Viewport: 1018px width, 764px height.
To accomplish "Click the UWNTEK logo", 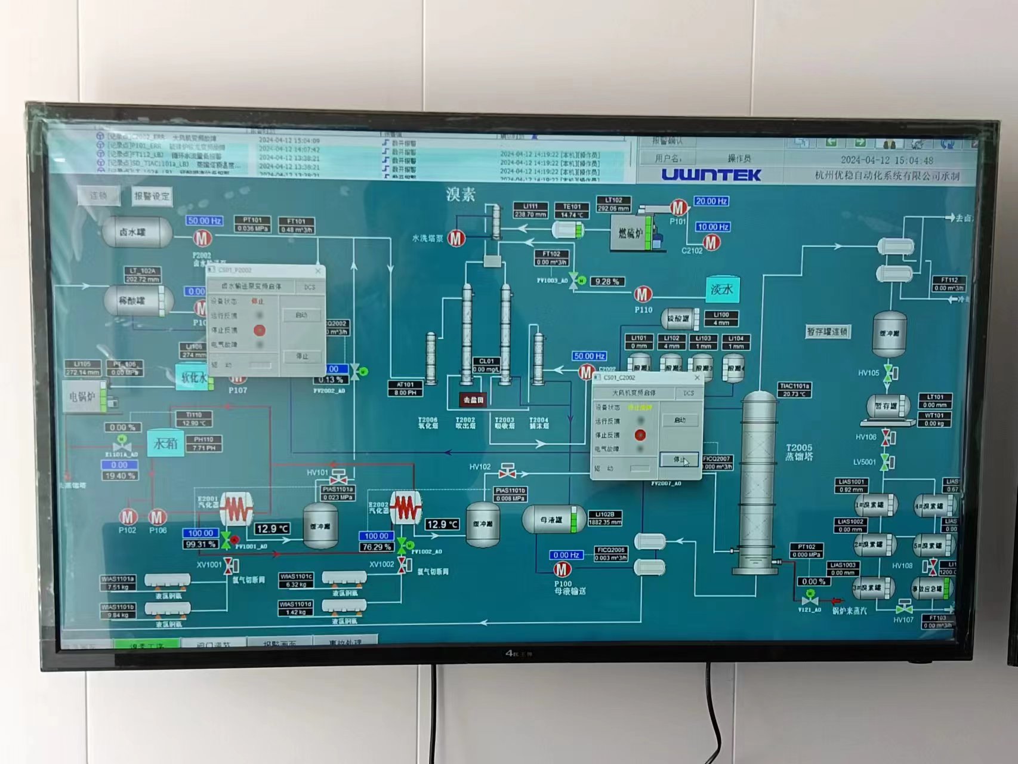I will [711, 175].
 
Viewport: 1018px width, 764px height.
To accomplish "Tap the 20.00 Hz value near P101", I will [711, 201].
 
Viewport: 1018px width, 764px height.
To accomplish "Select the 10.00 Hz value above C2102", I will [712, 227].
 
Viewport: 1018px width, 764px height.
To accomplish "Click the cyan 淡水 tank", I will [722, 289].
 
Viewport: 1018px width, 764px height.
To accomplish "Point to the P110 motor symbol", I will [643, 294].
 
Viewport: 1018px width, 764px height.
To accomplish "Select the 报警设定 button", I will [151, 196].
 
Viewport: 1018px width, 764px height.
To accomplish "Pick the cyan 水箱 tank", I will [165, 443].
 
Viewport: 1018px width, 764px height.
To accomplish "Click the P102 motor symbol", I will [128, 517].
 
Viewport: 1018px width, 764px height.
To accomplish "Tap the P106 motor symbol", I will [157, 517].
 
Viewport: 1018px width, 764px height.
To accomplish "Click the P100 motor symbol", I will [562, 569].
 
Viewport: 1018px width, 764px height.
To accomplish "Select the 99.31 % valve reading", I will [200, 544].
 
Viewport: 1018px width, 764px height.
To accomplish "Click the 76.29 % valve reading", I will [377, 547].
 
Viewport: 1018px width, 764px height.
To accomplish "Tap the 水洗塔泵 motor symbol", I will [456, 239].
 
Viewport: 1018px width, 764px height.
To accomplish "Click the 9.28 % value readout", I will [606, 282].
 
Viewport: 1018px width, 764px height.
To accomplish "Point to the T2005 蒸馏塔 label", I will [799, 452].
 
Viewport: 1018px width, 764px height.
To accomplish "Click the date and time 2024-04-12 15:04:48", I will [887, 160].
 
